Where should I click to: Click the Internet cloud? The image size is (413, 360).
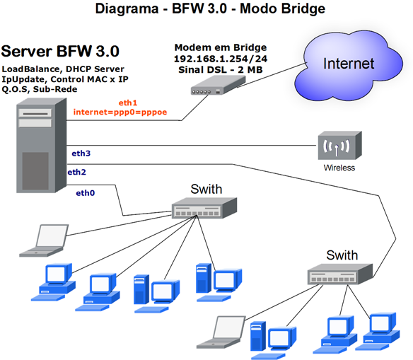[347, 63]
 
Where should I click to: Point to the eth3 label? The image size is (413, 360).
[81, 153]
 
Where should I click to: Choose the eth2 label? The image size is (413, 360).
[76, 172]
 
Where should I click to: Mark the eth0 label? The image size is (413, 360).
[86, 192]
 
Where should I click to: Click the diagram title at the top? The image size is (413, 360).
[205, 10]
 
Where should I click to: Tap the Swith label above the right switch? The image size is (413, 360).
[342, 255]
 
